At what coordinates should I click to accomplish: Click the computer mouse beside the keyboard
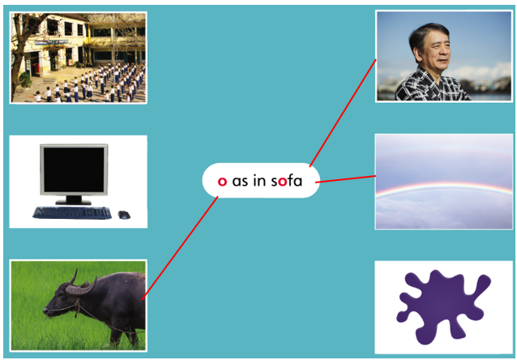click(124, 215)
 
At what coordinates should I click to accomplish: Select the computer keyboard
click(72, 212)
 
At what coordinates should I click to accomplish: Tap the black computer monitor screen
click(75, 169)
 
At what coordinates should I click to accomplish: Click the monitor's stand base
click(73, 202)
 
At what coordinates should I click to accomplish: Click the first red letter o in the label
click(222, 182)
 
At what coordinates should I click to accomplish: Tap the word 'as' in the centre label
click(240, 182)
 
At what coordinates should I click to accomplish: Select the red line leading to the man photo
click(343, 113)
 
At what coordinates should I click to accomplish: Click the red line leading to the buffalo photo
click(180, 248)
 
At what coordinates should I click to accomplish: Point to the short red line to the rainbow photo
click(345, 179)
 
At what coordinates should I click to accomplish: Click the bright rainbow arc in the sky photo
click(444, 187)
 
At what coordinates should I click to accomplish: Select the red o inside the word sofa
click(282, 182)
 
